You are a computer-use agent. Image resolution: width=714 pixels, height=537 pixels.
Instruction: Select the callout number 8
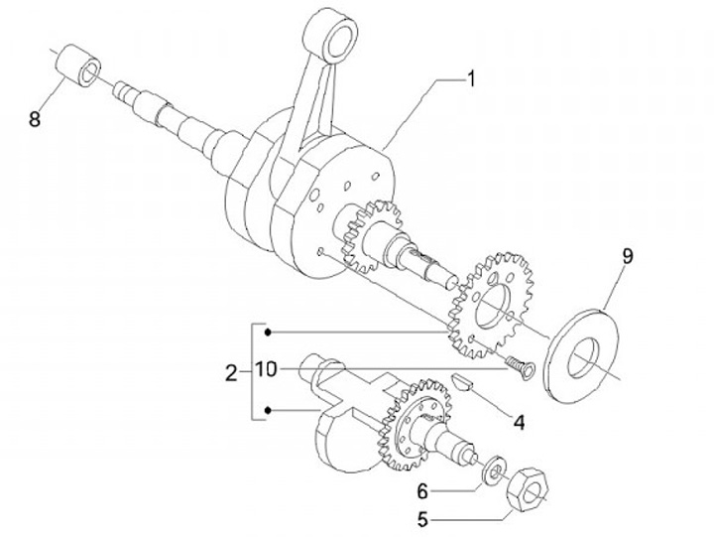(x=35, y=119)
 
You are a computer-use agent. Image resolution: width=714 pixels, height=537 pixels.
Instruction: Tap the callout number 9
(x=627, y=256)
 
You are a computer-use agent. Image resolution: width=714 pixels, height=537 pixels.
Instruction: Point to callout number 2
(x=231, y=373)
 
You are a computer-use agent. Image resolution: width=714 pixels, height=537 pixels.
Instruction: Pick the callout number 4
(x=518, y=421)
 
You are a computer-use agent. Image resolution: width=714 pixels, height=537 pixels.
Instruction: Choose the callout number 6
(x=421, y=490)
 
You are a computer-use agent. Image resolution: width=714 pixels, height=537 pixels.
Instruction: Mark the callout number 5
(x=421, y=517)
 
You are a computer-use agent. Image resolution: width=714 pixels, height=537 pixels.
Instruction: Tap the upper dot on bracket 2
(x=268, y=332)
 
